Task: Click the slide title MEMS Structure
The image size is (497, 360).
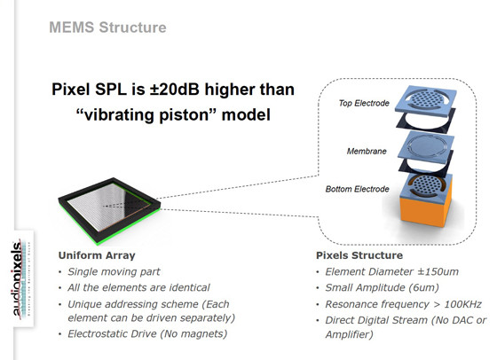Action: pyautogui.click(x=107, y=27)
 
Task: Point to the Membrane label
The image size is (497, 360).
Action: pyautogui.click(x=367, y=152)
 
